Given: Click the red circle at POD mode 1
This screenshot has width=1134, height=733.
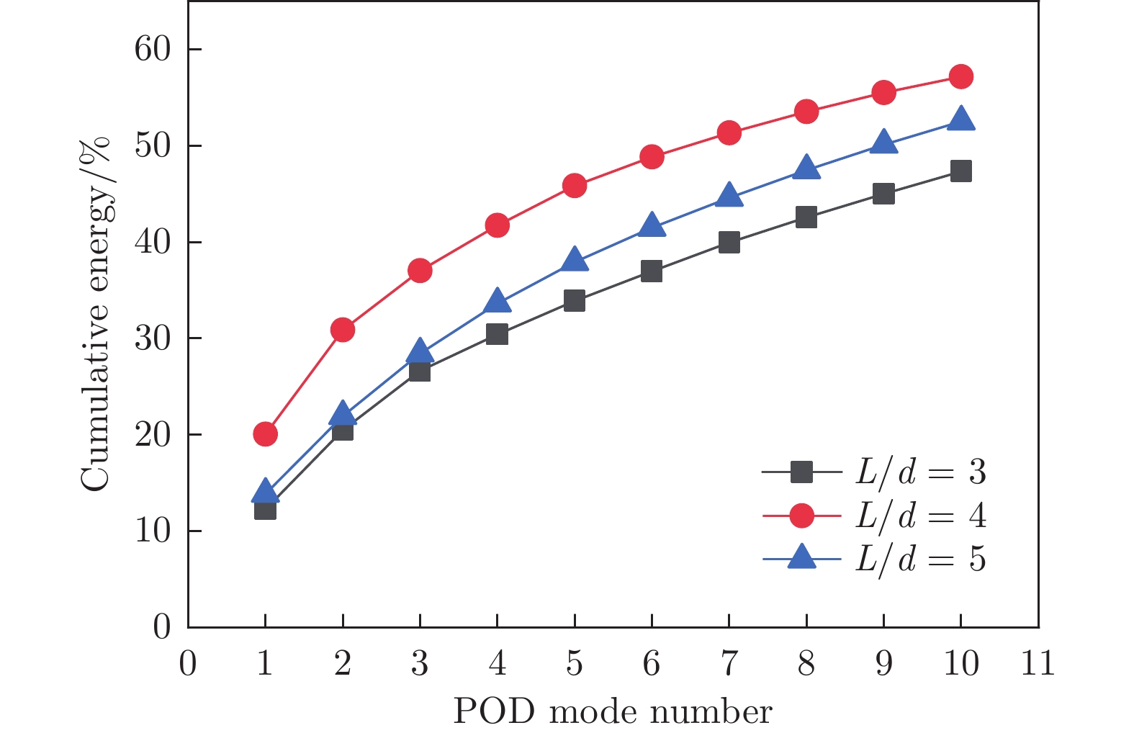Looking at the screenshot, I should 265,433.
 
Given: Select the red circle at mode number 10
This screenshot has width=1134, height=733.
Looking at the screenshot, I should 960,76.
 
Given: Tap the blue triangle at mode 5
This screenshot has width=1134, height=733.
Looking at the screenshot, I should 574,259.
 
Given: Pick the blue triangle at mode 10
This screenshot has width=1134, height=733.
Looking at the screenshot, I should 960,120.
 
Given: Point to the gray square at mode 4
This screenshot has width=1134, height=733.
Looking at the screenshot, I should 497,334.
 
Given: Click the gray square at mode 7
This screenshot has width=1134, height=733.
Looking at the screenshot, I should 729,243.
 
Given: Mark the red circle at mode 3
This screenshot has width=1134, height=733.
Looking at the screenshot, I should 420,271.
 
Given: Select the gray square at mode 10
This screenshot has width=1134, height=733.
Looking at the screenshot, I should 960,171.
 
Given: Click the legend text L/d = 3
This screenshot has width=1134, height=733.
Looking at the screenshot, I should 920,472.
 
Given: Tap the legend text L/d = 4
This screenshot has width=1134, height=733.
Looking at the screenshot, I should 920,516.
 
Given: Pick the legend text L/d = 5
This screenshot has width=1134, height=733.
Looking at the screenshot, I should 920,559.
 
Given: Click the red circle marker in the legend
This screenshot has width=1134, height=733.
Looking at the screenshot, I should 801,516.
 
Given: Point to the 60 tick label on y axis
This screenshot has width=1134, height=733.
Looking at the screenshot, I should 152,50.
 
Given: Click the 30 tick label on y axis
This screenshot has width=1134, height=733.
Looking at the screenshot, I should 152,338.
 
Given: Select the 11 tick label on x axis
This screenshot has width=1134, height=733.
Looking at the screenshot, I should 1038,663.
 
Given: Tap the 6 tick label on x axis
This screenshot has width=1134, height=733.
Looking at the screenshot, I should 651,663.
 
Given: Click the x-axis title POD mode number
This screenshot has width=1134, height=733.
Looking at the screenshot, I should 613,712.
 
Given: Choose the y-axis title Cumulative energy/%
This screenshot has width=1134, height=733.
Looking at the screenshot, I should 96,313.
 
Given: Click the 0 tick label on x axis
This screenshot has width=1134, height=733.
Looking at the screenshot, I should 188,663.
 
